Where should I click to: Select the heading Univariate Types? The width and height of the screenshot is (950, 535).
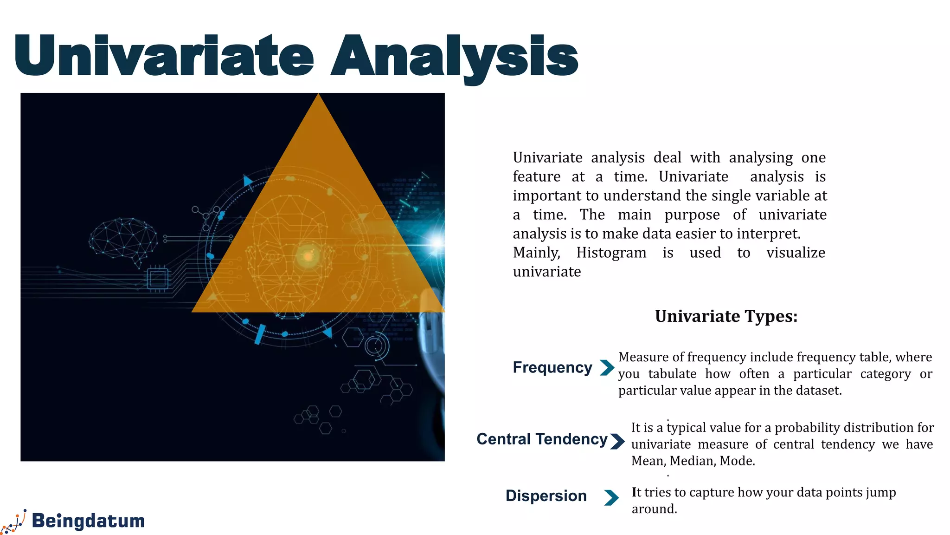click(726, 316)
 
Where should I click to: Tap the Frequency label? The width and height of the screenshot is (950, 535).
click(552, 367)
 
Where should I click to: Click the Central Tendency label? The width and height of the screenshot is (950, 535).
click(542, 439)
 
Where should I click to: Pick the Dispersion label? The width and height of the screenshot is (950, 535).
click(546, 496)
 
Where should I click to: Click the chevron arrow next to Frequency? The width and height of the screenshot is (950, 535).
click(607, 367)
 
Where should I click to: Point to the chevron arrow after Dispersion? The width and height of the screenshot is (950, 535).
click(611, 497)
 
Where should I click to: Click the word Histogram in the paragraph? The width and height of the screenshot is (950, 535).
click(611, 253)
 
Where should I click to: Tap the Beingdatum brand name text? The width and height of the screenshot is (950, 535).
click(88, 521)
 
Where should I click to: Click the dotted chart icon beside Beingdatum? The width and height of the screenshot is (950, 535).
click(14, 522)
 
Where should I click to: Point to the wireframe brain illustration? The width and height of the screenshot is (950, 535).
click(123, 241)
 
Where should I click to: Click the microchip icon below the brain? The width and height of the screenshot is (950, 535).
click(157, 279)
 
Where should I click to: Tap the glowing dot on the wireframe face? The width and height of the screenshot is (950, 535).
click(308, 256)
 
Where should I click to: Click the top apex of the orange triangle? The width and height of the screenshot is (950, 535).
click(318, 96)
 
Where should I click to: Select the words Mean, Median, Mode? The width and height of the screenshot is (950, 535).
click(693, 461)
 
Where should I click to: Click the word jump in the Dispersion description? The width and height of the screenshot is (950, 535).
click(880, 492)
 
